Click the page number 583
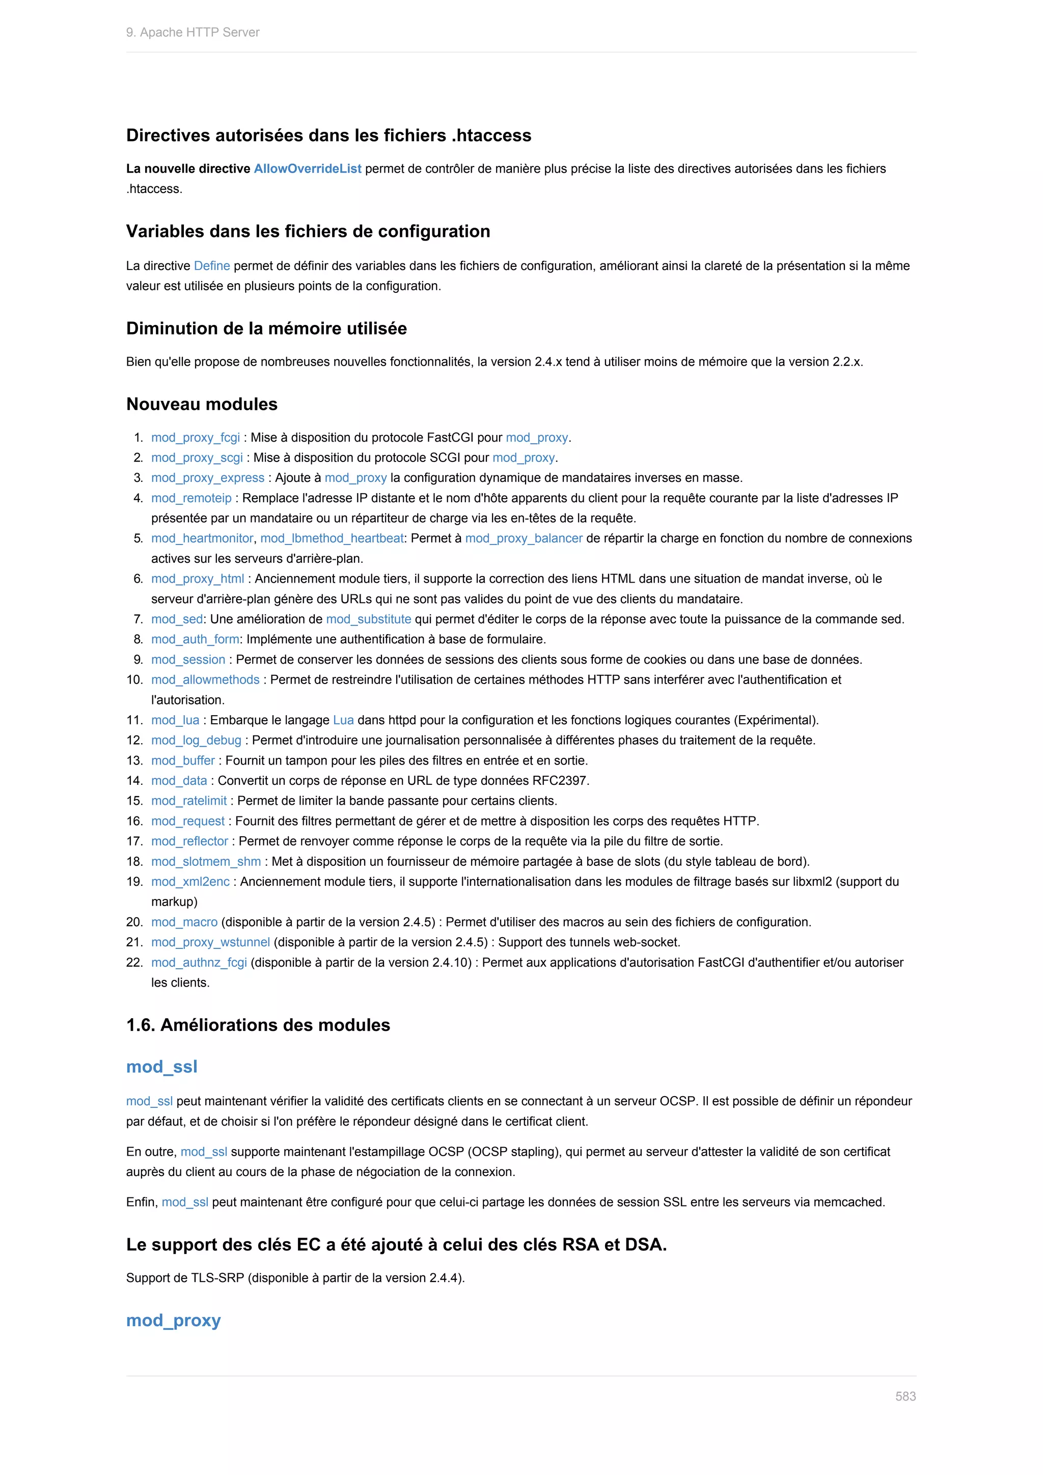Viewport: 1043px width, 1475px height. (905, 1396)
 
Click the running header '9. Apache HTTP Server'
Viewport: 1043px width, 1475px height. (193, 32)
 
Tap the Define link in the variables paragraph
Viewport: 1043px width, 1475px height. (211, 265)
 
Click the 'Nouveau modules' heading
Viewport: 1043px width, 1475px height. (202, 404)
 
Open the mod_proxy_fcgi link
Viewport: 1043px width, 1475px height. (195, 438)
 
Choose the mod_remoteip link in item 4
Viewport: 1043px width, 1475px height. (191, 498)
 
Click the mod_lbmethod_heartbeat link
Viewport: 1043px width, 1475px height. (332, 538)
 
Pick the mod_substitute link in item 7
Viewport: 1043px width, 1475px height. (368, 619)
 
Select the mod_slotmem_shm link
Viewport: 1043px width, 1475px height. (206, 861)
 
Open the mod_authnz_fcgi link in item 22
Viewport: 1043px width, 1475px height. (199, 962)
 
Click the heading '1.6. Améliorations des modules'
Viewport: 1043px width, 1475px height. (258, 1025)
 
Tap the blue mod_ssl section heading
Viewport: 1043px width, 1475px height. (161, 1067)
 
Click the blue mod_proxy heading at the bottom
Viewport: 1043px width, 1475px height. (173, 1321)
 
